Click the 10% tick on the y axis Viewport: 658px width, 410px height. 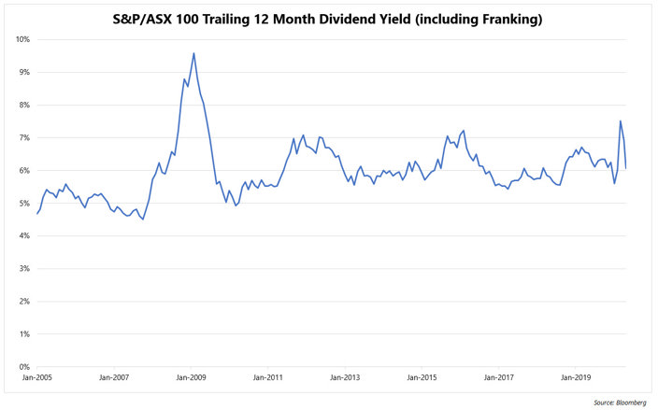(22, 39)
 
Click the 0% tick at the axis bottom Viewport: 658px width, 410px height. (24, 367)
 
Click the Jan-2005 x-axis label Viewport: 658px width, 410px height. (37, 378)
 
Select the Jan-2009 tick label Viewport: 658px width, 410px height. (191, 378)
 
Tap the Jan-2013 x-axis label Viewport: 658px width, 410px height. (345, 378)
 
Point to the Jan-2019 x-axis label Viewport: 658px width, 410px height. (576, 378)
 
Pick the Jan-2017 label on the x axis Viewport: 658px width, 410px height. (498, 378)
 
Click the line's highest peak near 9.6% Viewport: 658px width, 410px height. (193, 53)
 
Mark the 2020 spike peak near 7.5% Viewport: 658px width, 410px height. (621, 120)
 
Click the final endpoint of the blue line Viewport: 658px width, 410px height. (625, 168)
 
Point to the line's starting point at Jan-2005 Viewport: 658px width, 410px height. (37, 214)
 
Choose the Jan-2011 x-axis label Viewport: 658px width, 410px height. (268, 378)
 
